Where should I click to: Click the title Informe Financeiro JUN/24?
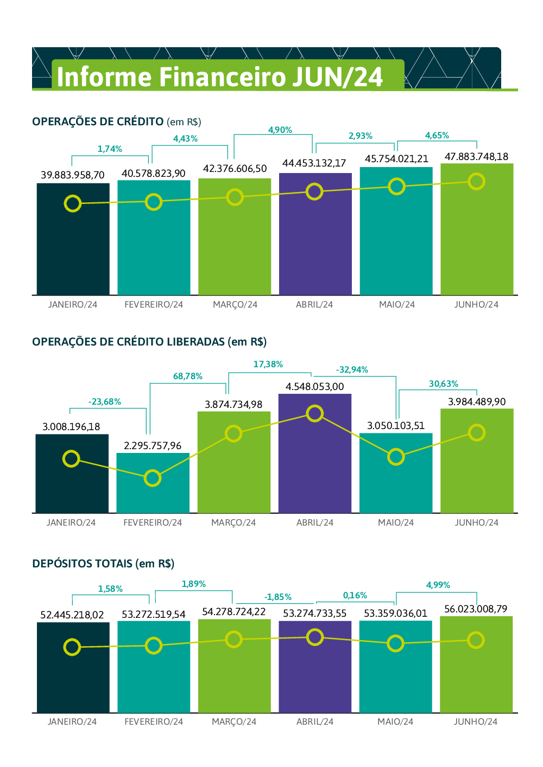point(219,76)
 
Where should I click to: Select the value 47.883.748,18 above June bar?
point(476,157)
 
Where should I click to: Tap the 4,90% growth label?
point(280,130)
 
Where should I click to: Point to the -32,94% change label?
point(352,370)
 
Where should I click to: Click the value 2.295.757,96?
point(153,446)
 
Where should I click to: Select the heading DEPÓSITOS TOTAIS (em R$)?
point(103,564)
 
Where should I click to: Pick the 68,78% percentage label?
point(188,376)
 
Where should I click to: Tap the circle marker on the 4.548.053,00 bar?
point(315,414)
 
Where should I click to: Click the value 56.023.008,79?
point(476,609)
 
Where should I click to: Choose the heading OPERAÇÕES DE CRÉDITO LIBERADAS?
point(149,342)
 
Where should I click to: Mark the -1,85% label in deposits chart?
point(278,597)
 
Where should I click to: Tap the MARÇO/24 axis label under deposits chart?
point(234,722)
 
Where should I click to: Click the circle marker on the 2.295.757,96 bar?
point(153,478)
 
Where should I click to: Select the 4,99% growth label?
point(438,585)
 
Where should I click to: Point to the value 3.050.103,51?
point(396,426)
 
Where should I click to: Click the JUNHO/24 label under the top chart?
point(476,305)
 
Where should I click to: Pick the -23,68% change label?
point(105,402)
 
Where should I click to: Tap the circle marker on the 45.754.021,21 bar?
point(397,187)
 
